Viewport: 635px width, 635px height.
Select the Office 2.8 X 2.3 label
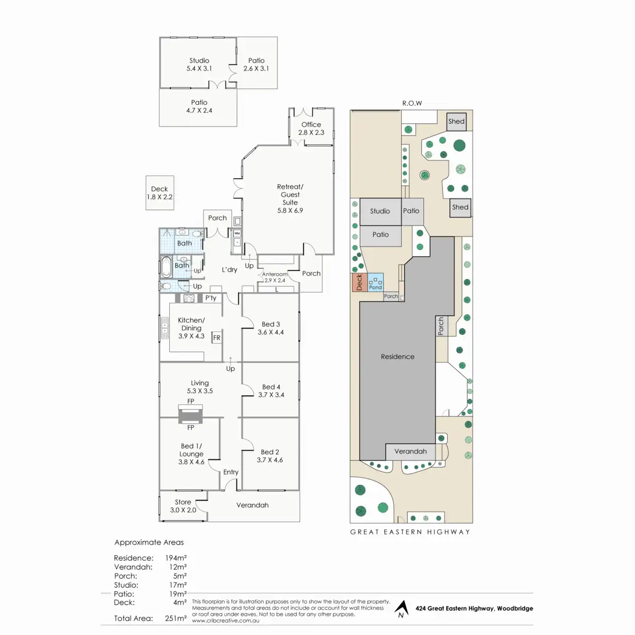(x=311, y=129)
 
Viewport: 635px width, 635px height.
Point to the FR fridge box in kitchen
(x=216, y=338)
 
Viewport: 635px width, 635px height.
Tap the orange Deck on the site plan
(x=359, y=283)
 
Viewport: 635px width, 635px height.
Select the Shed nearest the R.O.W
(x=456, y=122)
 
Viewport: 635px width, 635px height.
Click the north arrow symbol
(x=402, y=609)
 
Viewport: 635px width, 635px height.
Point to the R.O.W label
(x=412, y=103)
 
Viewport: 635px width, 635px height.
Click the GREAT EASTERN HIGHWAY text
(x=410, y=532)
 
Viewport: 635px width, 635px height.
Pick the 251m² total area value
(x=176, y=618)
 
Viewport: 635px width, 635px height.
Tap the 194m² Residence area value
(x=176, y=558)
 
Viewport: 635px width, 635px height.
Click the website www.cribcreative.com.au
(x=225, y=621)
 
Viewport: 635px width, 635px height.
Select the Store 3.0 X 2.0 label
(x=183, y=506)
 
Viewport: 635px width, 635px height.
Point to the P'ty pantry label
(x=211, y=298)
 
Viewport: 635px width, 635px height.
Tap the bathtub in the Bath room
(x=166, y=268)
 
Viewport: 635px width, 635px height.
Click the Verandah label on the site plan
(x=411, y=451)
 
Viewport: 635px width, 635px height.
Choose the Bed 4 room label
(x=271, y=391)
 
